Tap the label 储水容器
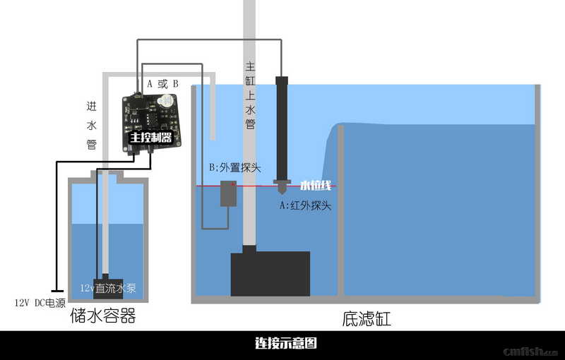click(x=102, y=316)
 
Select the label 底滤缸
click(x=366, y=319)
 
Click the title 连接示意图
click(x=285, y=344)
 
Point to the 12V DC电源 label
click(x=40, y=303)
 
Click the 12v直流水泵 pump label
click(x=108, y=288)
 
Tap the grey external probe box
click(x=228, y=193)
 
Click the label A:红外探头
click(x=305, y=206)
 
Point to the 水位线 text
click(x=316, y=186)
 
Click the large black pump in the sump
click(x=270, y=272)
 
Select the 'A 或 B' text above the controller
click(x=162, y=83)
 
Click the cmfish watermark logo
click(x=530, y=351)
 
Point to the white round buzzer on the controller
click(x=167, y=102)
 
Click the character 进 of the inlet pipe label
click(x=91, y=107)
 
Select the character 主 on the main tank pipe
click(x=250, y=67)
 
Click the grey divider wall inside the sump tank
click(x=340, y=212)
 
